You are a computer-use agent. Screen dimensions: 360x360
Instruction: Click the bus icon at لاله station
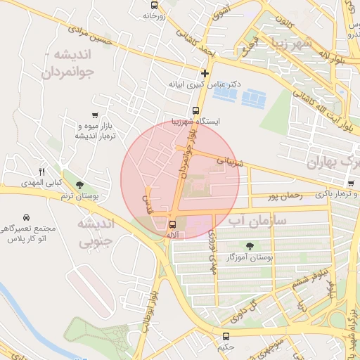pyautogui.click(x=172, y=225)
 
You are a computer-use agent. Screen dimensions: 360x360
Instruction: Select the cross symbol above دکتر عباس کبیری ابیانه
pyautogui.click(x=205, y=72)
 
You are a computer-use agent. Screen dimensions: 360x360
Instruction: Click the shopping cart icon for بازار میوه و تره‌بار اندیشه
pyautogui.click(x=95, y=115)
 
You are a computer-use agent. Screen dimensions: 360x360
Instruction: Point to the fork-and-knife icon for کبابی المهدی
pyautogui.click(x=41, y=172)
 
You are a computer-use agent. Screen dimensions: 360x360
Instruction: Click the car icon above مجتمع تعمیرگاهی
pyautogui.click(x=26, y=217)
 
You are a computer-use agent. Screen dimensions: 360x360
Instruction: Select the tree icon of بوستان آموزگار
pyautogui.click(x=250, y=245)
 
